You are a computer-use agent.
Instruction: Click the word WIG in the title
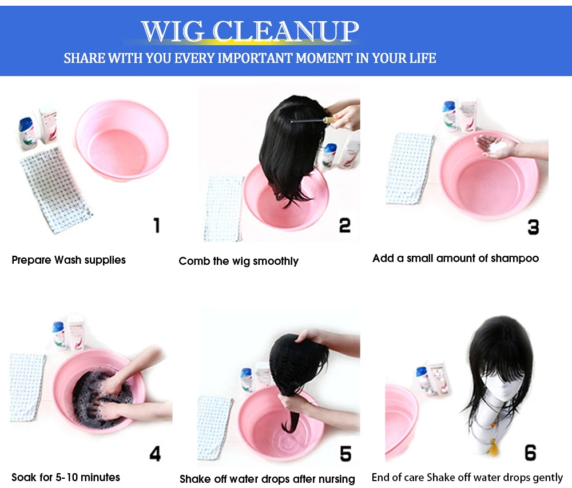point(173,31)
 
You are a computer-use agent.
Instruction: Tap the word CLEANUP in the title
point(285,31)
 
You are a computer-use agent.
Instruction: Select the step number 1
point(157,225)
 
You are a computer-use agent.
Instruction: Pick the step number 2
point(345,225)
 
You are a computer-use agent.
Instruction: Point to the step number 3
point(533,227)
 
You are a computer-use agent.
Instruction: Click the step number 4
point(155,454)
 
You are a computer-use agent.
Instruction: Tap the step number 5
point(345,454)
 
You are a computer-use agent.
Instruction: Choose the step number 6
point(530,453)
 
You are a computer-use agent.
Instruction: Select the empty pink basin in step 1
point(122,140)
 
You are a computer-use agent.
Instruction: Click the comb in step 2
point(313,120)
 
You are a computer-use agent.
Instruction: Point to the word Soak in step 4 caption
point(23,477)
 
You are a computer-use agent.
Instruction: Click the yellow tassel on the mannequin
point(493,449)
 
